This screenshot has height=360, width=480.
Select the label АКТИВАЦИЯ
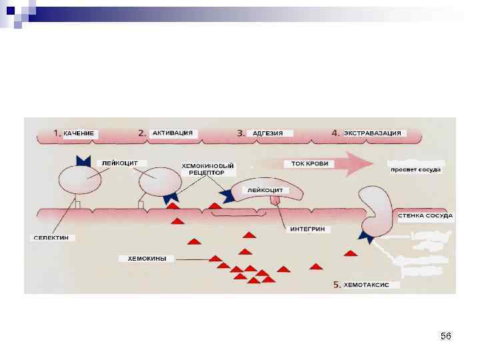(x=173, y=133)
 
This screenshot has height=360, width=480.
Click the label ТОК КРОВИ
(x=306, y=163)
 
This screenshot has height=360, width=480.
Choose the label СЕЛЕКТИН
(x=55, y=237)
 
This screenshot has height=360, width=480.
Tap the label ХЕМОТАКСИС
(x=371, y=285)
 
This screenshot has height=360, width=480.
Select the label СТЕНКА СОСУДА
(x=425, y=215)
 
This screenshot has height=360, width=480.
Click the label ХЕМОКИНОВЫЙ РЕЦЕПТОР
(x=207, y=168)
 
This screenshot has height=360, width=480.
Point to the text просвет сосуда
(x=415, y=170)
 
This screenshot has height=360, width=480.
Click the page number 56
(x=446, y=337)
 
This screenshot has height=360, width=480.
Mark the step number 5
(x=337, y=285)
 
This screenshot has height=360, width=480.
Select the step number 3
(x=241, y=133)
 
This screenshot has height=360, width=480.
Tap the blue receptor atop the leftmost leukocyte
(x=84, y=161)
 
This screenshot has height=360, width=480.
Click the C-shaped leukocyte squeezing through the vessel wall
(x=377, y=209)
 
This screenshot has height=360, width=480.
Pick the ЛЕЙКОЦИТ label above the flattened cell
(x=265, y=190)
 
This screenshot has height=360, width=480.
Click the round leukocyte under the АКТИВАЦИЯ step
(x=159, y=180)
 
